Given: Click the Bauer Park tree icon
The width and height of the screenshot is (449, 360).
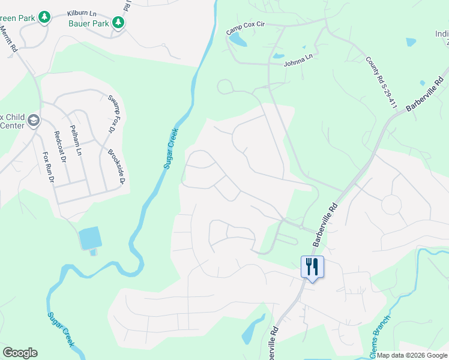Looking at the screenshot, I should coord(119,22).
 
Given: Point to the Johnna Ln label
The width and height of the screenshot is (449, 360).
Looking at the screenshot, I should coord(298,59).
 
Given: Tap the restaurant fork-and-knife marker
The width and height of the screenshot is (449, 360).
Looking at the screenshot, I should coord(312,266).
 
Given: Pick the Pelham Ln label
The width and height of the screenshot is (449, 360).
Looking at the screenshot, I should coord(76,143).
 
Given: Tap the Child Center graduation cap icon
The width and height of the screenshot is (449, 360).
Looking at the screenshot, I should coord(33,121).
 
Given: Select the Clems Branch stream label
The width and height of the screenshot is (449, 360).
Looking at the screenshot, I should coord(381,337).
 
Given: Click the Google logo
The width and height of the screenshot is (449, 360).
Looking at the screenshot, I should coord(20,353).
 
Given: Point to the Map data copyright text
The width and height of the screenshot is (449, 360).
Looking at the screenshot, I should coord(412,355).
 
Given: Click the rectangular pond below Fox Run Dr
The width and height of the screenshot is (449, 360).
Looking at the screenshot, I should coord(90,238).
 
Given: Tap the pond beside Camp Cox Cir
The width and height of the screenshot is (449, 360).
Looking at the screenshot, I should coord(238,40).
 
